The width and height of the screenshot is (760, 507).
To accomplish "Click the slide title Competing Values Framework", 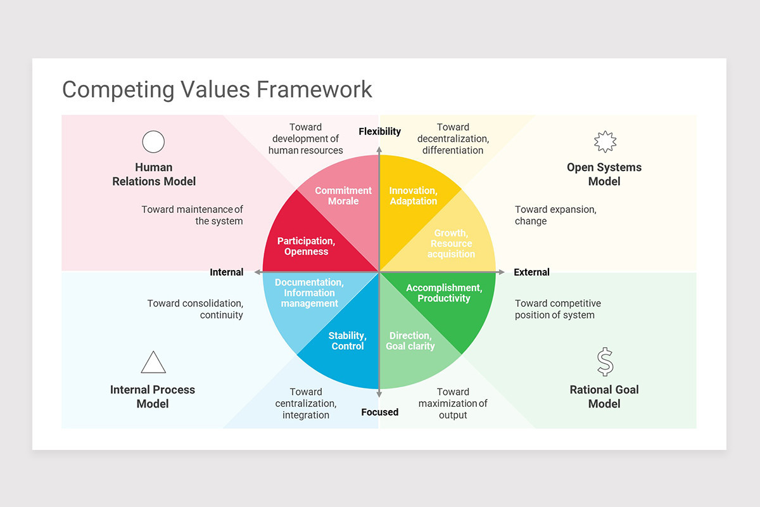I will click(217, 89).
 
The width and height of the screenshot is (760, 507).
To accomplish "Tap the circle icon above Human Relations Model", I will click(153, 142).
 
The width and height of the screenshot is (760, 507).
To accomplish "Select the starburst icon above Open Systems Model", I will click(605, 142).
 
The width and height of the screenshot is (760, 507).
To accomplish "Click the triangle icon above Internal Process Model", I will click(153, 363).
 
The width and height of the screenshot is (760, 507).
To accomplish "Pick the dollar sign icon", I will click(605, 362).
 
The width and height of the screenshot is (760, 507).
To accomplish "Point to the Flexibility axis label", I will click(379, 132).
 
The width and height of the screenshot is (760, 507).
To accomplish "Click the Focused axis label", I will click(379, 413).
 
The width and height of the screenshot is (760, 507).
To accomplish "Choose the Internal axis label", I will click(227, 273).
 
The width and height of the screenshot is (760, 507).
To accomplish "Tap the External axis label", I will click(531, 273).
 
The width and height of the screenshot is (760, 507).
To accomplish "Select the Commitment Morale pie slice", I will click(344, 196).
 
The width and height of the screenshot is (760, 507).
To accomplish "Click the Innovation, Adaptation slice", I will click(413, 196).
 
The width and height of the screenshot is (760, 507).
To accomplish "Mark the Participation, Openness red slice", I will click(307, 246).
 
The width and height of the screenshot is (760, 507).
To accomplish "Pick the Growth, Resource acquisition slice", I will click(451, 243).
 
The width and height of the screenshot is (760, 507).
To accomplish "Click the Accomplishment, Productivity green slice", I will click(444, 293).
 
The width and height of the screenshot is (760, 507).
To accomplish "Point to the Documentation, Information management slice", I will click(309, 293).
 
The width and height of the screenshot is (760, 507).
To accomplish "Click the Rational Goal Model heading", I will click(604, 397).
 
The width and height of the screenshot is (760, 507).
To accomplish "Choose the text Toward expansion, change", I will click(555, 215).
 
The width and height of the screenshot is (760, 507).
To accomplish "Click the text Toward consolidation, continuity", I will click(195, 309).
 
